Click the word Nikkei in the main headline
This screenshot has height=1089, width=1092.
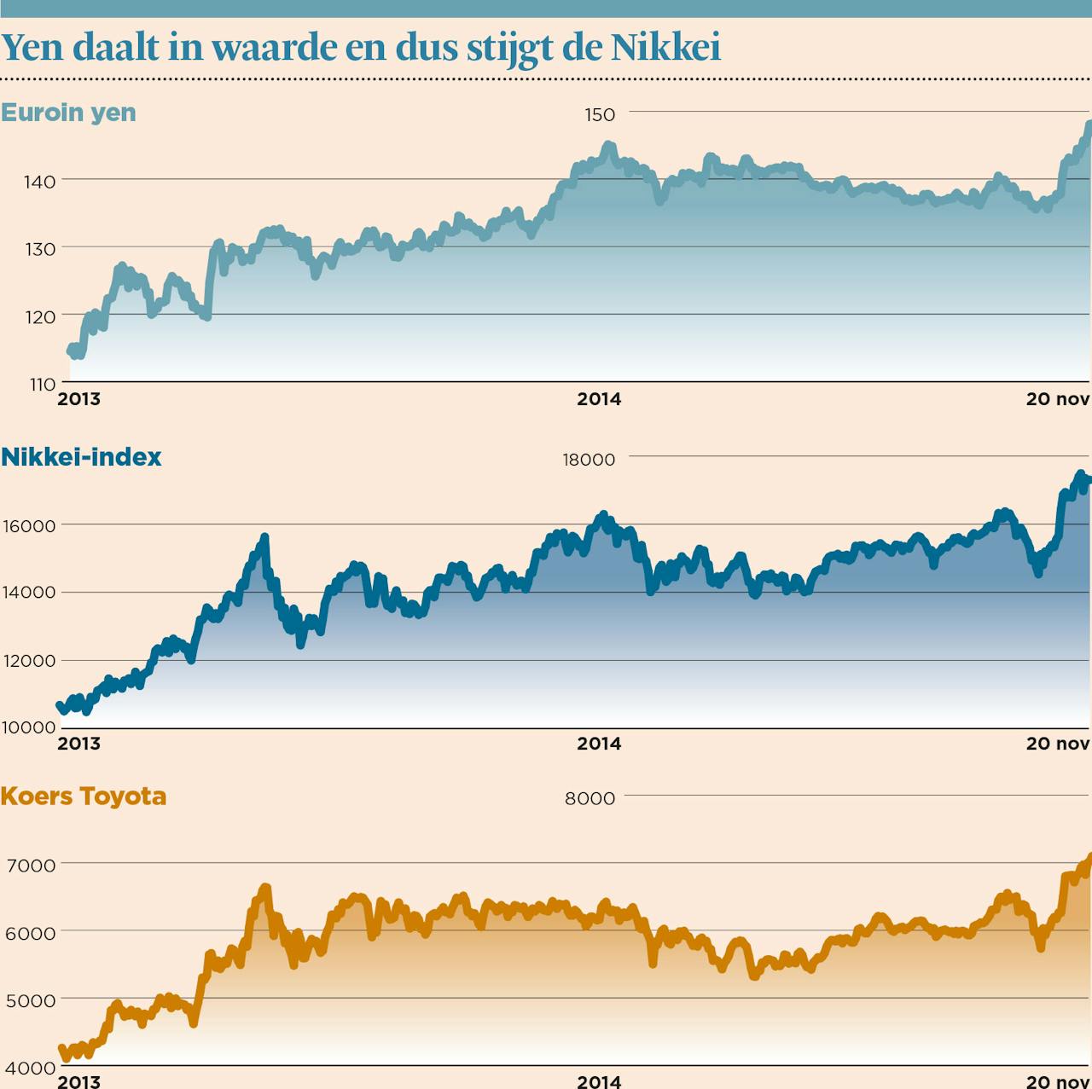(665, 47)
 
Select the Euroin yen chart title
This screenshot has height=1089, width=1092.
(68, 113)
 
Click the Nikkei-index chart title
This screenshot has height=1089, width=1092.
(81, 457)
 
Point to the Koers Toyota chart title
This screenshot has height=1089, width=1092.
(84, 796)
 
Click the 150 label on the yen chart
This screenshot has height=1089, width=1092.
(600, 114)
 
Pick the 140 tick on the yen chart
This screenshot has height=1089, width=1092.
(40, 181)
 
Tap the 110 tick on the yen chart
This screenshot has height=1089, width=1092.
(40, 384)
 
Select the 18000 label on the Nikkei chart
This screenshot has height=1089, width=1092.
(589, 460)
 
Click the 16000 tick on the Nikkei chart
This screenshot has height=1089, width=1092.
(29, 526)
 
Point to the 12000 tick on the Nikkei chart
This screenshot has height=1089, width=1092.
(29, 661)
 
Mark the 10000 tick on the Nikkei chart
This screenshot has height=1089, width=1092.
(29, 727)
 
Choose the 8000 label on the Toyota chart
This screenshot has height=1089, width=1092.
(590, 798)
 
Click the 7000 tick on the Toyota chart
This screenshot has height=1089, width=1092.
(31, 865)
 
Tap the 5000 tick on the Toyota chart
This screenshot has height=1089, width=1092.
(31, 1000)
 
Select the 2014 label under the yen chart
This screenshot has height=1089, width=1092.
(599, 399)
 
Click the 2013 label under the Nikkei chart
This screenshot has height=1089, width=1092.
(78, 744)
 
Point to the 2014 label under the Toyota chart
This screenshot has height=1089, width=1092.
(599, 1081)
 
